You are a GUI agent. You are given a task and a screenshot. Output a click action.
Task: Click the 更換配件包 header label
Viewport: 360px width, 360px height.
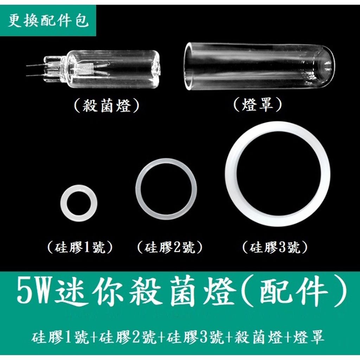pyautogui.click(x=48, y=21)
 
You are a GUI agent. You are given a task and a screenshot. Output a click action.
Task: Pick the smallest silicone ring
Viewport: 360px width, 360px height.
pyautogui.click(x=79, y=202)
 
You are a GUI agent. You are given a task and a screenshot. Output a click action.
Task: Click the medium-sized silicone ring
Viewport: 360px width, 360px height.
pyautogui.click(x=166, y=189)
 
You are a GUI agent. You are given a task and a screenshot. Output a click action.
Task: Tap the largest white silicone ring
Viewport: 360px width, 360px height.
pyautogui.click(x=278, y=174)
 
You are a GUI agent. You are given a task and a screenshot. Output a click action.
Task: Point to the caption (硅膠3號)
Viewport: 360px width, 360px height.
pyautogui.click(x=275, y=248)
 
